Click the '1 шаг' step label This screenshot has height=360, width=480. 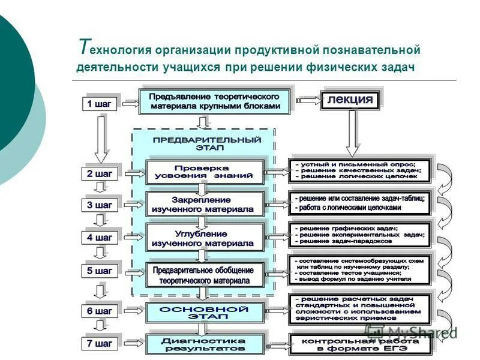(x=100, y=104)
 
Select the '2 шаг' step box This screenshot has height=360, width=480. (x=100, y=174)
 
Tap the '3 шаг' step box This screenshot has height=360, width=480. (x=100, y=205)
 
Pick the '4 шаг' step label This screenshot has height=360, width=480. (x=100, y=238)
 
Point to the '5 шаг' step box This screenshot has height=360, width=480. (x=100, y=271)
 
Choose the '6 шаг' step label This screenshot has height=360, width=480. (x=100, y=311)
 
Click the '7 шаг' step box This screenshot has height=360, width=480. (x=100, y=344)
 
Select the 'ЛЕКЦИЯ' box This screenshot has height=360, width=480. (x=350, y=100)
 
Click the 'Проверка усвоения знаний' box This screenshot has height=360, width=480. (x=205, y=172)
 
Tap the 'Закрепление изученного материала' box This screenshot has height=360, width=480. (x=205, y=204)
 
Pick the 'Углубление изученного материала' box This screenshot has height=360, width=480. (x=205, y=237)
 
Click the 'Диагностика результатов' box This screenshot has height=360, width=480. (x=205, y=344)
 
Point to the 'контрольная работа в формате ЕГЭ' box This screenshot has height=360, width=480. (x=359, y=344)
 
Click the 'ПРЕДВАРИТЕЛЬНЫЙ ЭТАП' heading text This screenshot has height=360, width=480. (x=205, y=143)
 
